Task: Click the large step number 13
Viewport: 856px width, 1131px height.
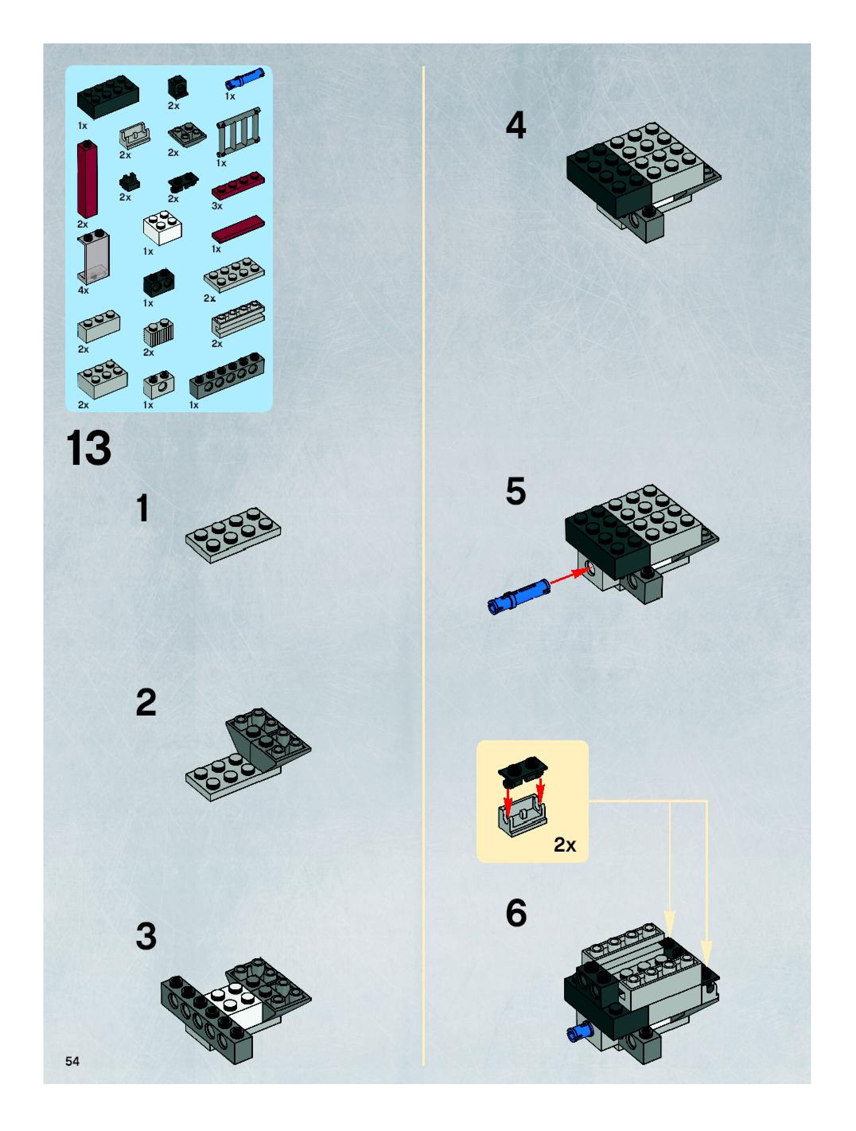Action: (88, 448)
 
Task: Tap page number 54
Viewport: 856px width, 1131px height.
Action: (72, 1061)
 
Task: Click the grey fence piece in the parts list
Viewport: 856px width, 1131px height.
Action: (238, 132)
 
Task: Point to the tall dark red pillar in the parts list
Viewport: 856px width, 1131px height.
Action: (88, 179)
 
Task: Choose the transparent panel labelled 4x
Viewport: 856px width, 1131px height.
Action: (93, 257)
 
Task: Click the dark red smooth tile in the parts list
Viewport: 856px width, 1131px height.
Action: (238, 228)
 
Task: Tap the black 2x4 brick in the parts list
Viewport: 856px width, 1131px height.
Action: (108, 97)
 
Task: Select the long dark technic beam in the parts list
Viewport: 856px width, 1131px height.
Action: (227, 376)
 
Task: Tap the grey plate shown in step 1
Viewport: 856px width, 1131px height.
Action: (233, 534)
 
